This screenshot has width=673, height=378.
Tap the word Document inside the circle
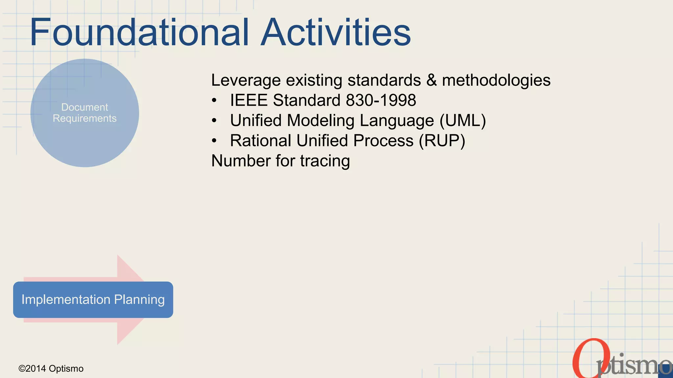(84, 107)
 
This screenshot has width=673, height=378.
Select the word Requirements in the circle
(84, 118)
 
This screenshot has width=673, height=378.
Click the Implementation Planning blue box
(93, 300)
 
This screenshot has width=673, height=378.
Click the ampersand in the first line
(431, 80)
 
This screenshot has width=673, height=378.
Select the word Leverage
(246, 80)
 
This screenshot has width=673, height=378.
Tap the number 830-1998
(381, 100)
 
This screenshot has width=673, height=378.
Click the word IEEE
(249, 100)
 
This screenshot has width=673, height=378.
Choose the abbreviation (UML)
(463, 120)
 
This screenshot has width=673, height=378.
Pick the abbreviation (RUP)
(442, 141)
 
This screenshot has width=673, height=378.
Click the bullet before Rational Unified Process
(214, 141)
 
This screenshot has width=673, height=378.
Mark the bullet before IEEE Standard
(214, 100)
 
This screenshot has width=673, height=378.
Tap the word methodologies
(496, 80)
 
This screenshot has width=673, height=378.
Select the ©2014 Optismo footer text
(51, 368)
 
